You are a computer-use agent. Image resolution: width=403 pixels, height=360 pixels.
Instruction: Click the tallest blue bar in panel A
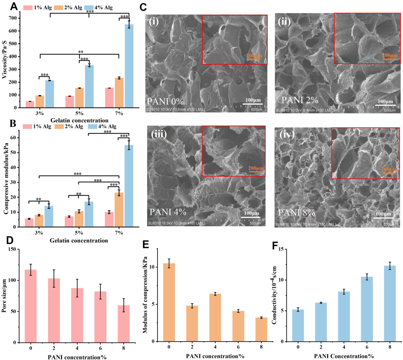(129, 66)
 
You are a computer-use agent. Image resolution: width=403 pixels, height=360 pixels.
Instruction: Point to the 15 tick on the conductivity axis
(287, 249)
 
